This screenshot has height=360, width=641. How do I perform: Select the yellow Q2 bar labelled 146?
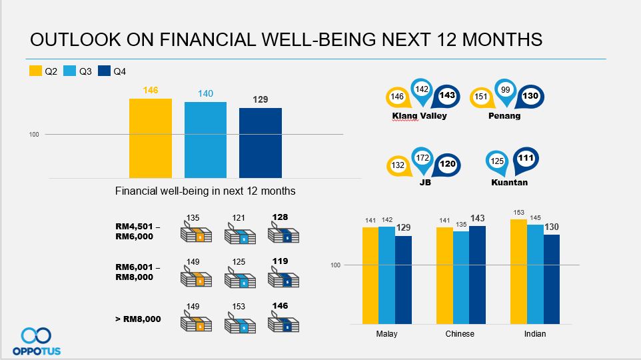pyautogui.click(x=151, y=138)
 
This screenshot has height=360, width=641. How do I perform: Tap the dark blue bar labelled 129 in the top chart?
pyautogui.click(x=261, y=143)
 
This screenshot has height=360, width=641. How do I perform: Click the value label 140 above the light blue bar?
pyautogui.click(x=205, y=94)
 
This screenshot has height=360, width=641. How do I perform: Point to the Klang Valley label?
pyautogui.click(x=419, y=116)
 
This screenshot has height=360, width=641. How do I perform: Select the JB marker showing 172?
pyautogui.click(x=422, y=159)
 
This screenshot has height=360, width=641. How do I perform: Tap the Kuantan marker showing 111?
pyautogui.click(x=526, y=158)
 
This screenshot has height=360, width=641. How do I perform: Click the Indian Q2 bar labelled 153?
pyautogui.click(x=518, y=271)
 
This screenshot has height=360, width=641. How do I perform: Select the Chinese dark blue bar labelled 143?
pyautogui.click(x=478, y=275)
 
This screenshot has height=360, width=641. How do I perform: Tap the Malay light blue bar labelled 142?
pyautogui.click(x=386, y=275)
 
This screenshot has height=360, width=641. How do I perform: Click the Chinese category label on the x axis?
pyautogui.click(x=460, y=334)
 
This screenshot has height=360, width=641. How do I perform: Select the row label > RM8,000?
pyautogui.click(x=138, y=319)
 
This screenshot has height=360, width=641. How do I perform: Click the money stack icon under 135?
pyautogui.click(x=195, y=235)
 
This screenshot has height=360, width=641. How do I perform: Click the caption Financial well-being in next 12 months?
pyautogui.click(x=205, y=191)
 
